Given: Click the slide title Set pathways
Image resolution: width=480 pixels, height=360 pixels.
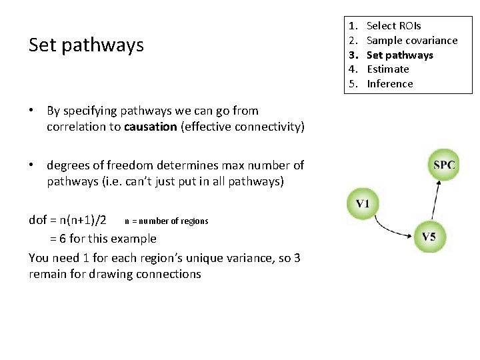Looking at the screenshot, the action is (86, 45).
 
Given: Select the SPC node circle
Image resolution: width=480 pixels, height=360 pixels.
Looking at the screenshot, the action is (444, 165).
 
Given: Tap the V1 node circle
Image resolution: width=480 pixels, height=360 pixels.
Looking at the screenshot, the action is (363, 203).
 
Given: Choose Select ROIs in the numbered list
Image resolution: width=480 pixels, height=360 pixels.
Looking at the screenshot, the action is (393, 26).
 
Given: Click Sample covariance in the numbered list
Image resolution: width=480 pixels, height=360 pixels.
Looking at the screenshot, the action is (412, 41).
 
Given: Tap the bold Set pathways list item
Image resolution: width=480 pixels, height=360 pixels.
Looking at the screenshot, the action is (399, 55).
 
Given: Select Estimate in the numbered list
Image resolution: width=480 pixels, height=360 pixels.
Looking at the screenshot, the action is (388, 69).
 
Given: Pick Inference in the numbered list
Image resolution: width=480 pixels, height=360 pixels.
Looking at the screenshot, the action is (390, 84).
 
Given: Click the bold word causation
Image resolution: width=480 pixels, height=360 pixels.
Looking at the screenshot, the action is (151, 127).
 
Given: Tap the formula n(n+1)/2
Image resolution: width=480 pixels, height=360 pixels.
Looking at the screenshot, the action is (83, 221).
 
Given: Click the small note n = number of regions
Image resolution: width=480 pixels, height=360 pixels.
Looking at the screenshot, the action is (167, 221).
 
